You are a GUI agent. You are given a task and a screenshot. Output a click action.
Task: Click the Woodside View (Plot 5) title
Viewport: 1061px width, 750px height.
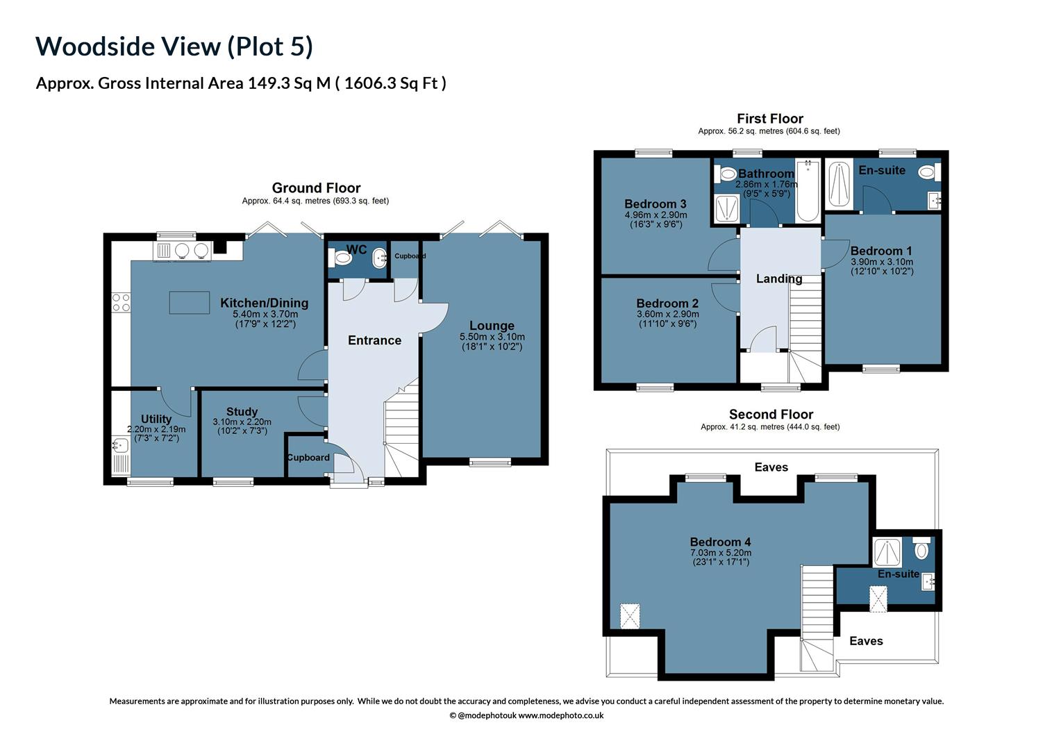tap(174, 47)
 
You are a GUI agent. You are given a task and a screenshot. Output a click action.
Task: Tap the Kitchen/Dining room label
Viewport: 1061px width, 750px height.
tap(264, 303)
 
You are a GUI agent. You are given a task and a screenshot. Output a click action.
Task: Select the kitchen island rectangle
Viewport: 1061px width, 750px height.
tap(190, 303)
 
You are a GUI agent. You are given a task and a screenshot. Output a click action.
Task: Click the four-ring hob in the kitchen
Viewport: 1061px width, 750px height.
tap(121, 302)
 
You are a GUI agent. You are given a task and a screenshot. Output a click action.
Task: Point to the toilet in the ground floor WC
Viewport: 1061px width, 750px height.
tap(342, 258)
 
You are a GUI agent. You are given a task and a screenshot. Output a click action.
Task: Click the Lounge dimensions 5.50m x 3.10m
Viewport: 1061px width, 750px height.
tap(492, 337)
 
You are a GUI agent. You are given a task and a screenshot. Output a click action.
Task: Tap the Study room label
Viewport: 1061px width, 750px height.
tap(242, 412)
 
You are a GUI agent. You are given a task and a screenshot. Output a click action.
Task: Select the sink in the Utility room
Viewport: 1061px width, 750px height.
tap(119, 444)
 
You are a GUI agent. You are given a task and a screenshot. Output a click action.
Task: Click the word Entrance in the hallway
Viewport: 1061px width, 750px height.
tap(374, 340)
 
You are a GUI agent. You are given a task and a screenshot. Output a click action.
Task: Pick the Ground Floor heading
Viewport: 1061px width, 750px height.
tap(316, 188)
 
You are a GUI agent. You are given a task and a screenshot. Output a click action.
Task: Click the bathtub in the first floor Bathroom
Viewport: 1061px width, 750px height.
tap(808, 191)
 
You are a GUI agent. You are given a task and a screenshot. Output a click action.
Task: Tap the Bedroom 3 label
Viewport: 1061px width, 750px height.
tap(655, 204)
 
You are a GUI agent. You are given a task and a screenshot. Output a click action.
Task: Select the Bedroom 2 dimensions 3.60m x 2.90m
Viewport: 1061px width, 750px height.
tap(667, 315)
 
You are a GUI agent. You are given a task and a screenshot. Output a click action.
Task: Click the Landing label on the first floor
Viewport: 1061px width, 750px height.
tap(779, 278)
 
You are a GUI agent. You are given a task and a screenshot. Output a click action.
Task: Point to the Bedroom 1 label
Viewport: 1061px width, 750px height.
tap(881, 251)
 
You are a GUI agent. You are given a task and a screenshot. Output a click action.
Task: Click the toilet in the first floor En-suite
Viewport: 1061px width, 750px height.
tap(926, 172)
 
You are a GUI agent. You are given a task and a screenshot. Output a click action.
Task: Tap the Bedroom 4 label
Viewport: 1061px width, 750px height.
tap(720, 542)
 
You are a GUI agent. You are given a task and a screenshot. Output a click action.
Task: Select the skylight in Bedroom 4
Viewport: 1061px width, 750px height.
tap(630, 616)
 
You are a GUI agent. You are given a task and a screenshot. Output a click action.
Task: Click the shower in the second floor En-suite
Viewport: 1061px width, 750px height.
tap(887, 551)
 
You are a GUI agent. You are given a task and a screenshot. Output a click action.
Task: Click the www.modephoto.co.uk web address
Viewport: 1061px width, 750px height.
tap(560, 715)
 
